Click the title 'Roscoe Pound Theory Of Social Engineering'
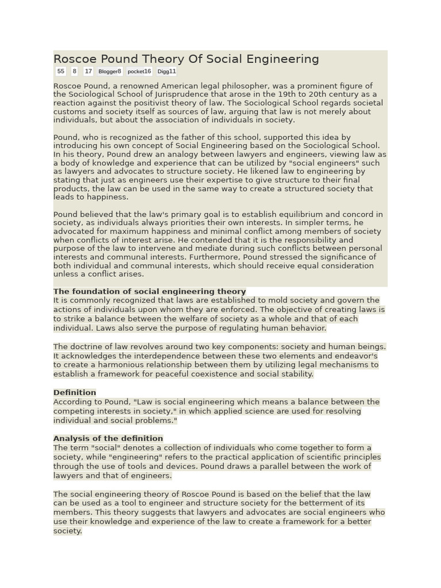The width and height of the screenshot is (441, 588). (186, 59)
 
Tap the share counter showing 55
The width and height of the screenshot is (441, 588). (60, 71)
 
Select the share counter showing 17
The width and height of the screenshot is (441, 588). (88, 71)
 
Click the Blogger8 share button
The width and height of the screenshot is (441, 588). (110, 71)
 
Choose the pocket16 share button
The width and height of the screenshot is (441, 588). (140, 71)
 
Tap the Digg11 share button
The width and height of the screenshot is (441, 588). (167, 71)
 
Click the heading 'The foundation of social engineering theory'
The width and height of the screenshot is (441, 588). (149, 291)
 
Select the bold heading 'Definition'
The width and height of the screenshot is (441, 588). (75, 393)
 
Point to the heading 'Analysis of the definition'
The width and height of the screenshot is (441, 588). (108, 439)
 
